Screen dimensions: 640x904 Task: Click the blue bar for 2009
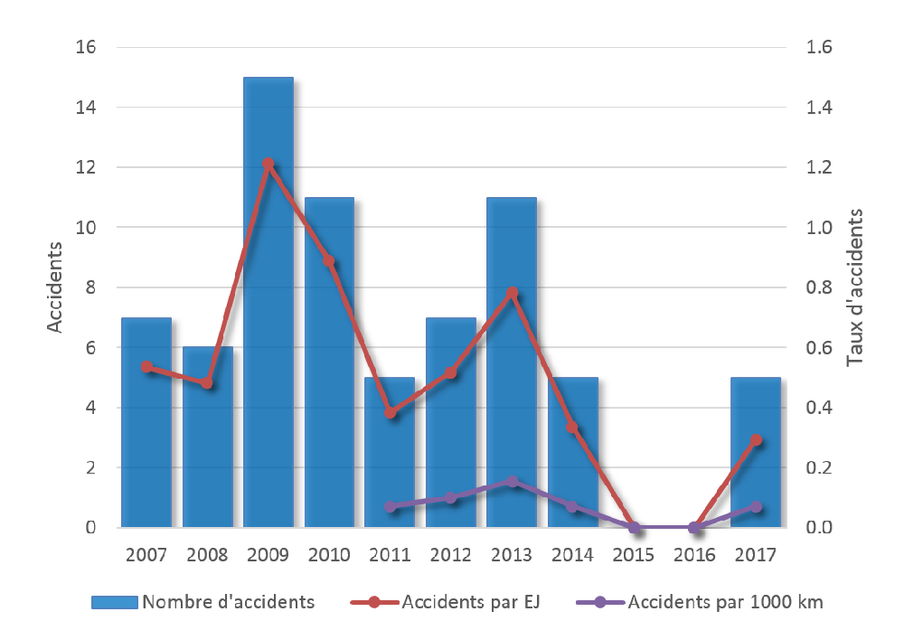click(268, 302)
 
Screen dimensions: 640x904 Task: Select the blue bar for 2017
click(755, 452)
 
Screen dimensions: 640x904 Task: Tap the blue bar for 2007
click(146, 422)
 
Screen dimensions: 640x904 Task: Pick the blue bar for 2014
click(572, 452)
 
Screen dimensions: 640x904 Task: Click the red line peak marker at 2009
click(268, 164)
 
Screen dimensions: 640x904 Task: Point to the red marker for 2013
click(512, 293)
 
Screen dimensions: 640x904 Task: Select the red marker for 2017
click(756, 440)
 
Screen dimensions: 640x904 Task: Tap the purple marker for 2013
click(512, 481)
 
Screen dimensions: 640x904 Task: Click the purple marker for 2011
click(391, 506)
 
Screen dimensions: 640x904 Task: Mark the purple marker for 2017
click(756, 506)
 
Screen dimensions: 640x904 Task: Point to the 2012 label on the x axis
click(450, 554)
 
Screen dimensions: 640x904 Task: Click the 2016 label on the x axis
click(694, 554)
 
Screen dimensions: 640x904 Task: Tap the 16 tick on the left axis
click(84, 48)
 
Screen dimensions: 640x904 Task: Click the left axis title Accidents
click(56, 287)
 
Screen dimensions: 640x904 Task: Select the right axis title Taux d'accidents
click(854, 287)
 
